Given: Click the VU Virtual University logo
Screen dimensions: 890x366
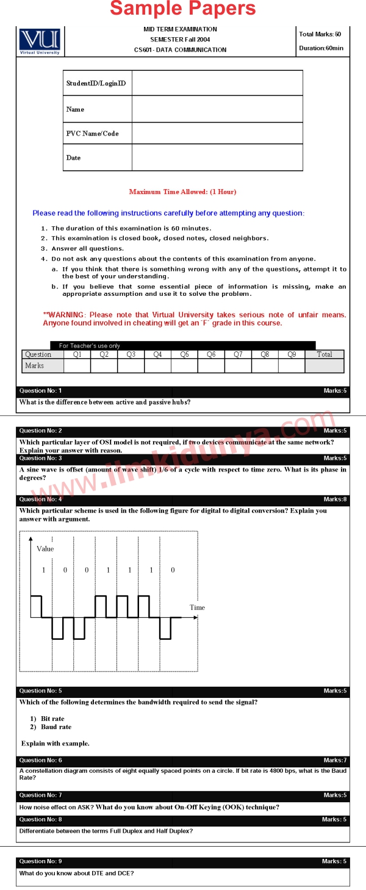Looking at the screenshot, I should tap(40, 41).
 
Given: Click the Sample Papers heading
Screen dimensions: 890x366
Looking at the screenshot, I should tap(183, 9).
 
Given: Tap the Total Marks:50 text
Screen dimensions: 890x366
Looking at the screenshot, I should tap(320, 34).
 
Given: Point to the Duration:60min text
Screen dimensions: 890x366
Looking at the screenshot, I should tap(321, 48).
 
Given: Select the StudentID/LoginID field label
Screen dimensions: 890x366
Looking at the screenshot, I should tap(96, 83).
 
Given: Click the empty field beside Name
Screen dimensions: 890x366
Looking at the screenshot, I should tap(217, 109).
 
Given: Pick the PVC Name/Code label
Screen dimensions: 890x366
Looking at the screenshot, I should tap(92, 134).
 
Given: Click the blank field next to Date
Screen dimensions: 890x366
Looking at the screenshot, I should tap(217, 157).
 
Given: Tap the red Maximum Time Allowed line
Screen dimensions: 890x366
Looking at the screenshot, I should tap(182, 192).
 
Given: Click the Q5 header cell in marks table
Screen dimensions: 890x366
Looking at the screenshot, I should tap(184, 354).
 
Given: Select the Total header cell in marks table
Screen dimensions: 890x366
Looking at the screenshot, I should tap(325, 354).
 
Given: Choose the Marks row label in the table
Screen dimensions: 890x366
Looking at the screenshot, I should tap(35, 365).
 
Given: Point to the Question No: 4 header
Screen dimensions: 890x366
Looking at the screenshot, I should tap(40, 500).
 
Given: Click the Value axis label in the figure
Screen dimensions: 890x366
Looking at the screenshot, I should tap(45, 548).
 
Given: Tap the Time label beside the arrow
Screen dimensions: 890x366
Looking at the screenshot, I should tap(197, 608).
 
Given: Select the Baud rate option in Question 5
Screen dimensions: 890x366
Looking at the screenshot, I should tap(56, 727).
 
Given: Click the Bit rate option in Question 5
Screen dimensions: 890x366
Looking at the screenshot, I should tap(52, 719).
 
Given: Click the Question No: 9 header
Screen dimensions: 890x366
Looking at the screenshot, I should tap(40, 861).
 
